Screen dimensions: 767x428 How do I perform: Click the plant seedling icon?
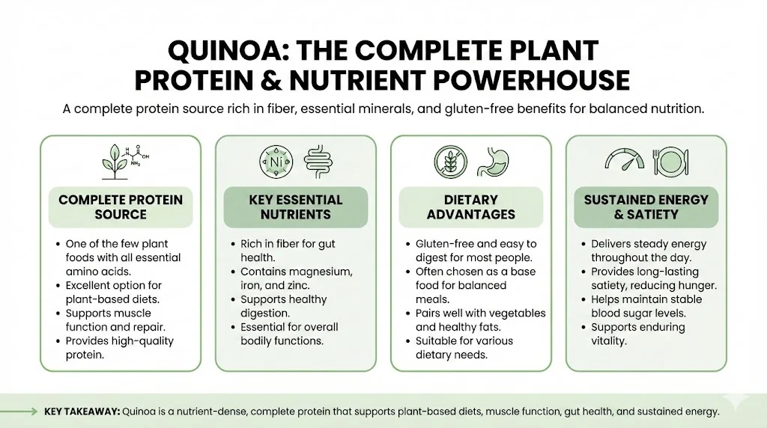click(115, 162)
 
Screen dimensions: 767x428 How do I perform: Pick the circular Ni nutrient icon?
click(276, 162)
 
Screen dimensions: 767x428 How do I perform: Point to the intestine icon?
click(318, 162)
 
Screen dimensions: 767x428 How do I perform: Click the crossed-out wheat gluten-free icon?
click(450, 162)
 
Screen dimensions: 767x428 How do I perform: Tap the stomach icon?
click(493, 162)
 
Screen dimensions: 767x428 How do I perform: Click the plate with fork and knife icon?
click(671, 162)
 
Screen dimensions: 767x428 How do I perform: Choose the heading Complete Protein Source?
click(121, 207)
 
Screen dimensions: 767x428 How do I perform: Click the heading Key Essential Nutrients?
click(295, 207)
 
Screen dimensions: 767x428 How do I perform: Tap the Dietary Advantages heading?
click(470, 207)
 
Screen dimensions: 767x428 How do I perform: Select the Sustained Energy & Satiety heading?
click(646, 207)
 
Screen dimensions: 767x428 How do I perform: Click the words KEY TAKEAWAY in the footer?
click(82, 412)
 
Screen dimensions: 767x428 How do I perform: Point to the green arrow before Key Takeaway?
click(19, 412)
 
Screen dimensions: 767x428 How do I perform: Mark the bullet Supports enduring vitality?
click(634, 334)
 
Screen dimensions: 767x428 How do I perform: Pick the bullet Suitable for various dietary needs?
click(460, 348)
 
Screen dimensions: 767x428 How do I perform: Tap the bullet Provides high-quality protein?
click(115, 348)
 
